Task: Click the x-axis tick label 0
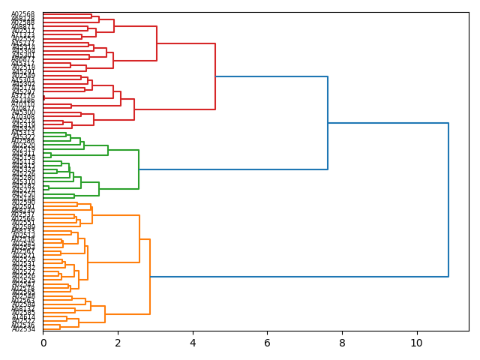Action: (x=43, y=343)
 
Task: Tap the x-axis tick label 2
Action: (x=118, y=343)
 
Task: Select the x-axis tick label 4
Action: (x=193, y=343)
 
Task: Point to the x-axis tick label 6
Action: (x=267, y=343)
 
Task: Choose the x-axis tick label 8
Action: (x=342, y=343)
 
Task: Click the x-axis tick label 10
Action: (x=416, y=343)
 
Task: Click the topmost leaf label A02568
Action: (x=23, y=14)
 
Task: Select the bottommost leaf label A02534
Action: (x=23, y=329)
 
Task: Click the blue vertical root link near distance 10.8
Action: (x=448, y=199)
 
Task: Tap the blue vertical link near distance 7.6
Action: (x=328, y=123)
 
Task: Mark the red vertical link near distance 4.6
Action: (x=215, y=76)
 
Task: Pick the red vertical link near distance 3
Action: (x=157, y=43)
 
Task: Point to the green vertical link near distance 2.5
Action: (x=139, y=169)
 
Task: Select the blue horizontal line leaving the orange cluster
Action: (x=299, y=277)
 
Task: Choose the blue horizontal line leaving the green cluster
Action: (x=233, y=169)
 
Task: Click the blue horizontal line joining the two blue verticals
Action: (x=388, y=123)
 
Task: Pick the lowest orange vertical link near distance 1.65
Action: (x=105, y=314)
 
